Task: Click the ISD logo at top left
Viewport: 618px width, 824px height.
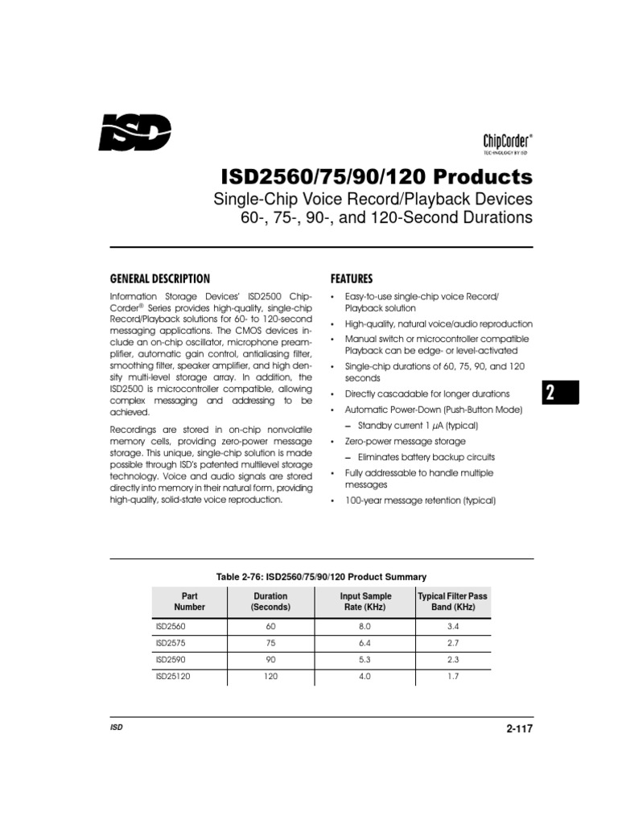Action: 134,132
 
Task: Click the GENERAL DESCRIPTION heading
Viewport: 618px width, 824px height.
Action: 159,279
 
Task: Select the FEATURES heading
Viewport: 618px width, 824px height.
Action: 352,279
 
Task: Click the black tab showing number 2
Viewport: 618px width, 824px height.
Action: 555,394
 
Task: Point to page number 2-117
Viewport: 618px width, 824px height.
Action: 520,729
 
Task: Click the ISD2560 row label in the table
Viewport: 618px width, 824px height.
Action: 169,624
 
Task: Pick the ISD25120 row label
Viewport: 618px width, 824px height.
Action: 171,677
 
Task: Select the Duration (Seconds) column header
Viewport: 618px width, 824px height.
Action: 270,601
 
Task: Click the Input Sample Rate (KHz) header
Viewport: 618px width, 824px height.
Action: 365,601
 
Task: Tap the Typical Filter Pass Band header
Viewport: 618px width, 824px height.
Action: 452,601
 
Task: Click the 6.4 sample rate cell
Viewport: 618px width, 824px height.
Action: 365,642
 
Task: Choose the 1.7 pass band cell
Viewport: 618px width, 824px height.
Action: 452,677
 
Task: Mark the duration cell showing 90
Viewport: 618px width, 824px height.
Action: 270,660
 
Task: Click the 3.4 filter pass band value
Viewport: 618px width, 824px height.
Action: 452,624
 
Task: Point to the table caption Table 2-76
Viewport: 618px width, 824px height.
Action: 321,576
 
